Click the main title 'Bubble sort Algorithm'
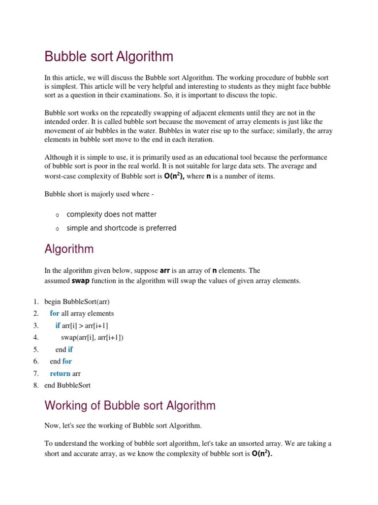109,57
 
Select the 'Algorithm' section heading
69,249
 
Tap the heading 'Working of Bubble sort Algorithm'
130,406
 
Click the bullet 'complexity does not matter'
112,215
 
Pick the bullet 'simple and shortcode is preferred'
121,228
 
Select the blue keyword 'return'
60,373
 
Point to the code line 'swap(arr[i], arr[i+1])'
92,337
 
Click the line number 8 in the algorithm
36,385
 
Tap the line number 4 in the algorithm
36,337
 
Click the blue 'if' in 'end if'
70,350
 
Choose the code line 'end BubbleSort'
67,385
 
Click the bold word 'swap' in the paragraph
81,281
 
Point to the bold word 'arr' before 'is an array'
165,271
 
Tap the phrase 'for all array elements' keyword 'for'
55,314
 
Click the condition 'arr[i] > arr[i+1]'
85,325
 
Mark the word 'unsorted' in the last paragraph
265,443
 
